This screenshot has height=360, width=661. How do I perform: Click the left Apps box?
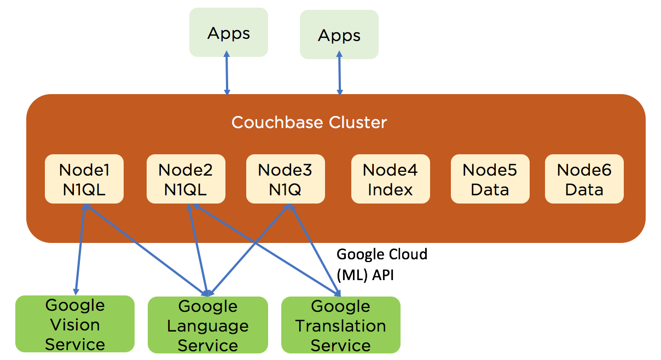[229, 32]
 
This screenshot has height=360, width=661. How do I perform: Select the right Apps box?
[339, 34]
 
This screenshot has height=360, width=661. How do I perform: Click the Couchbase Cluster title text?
[309, 122]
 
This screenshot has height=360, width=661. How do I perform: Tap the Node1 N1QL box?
[84, 179]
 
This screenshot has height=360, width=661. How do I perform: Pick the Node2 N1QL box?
[185, 179]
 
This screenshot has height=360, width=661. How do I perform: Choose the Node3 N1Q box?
[285, 179]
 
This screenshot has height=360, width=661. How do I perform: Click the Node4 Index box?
[390, 179]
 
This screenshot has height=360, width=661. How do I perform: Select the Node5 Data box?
[490, 179]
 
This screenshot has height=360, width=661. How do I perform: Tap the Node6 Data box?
[584, 179]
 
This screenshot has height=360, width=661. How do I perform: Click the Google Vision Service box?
[75, 324]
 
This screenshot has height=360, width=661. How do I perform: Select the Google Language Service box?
[208, 325]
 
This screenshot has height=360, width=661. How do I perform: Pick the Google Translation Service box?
[340, 325]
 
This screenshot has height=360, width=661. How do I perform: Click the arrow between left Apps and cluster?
[227, 74]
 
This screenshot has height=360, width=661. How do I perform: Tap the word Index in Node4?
[390, 190]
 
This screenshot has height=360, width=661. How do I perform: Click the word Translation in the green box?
[340, 326]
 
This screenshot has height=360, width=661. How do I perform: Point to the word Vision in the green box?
[75, 325]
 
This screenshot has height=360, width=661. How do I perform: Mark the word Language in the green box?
[208, 326]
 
